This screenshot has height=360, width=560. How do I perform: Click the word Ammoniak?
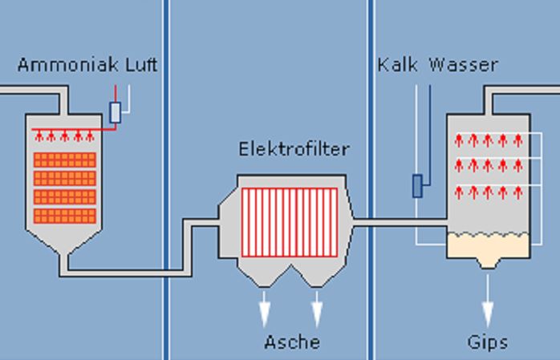[x=68, y=65]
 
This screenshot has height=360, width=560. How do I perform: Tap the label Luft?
[x=141, y=65]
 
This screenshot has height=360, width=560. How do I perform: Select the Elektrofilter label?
[x=294, y=149]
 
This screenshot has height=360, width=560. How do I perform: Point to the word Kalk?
[x=398, y=65]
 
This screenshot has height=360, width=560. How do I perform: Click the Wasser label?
[x=463, y=65]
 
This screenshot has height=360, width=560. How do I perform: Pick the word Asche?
[x=292, y=343]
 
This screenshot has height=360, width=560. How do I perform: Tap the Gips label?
[x=488, y=343]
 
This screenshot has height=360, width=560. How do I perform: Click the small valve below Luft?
[x=116, y=112]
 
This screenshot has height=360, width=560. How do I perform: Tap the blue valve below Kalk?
[x=417, y=186]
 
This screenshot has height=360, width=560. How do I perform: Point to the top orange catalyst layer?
[x=65, y=159]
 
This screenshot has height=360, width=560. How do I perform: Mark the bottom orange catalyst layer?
[x=65, y=216]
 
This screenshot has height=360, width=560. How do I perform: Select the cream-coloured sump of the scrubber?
[x=487, y=246]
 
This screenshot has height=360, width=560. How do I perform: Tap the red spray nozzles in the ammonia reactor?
[x=64, y=136]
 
